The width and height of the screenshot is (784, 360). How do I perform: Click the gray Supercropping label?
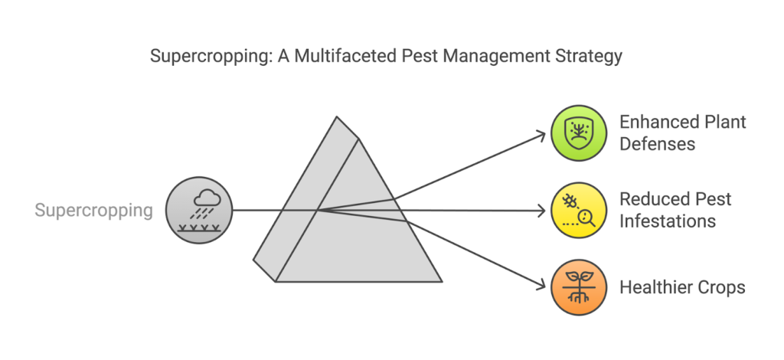pyautogui.click(x=94, y=210)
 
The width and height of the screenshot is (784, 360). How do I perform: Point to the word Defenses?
pyautogui.click(x=657, y=143)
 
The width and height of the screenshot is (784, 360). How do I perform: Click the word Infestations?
pyautogui.click(x=668, y=221)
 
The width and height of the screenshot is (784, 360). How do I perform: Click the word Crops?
pyautogui.click(x=724, y=287)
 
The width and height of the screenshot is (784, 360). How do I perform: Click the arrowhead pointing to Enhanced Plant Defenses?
pyautogui.click(x=542, y=135)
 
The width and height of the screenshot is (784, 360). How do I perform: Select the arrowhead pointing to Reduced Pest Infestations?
pyautogui.click(x=542, y=210)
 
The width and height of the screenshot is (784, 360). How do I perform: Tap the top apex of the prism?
pyautogui.click(x=336, y=118)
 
